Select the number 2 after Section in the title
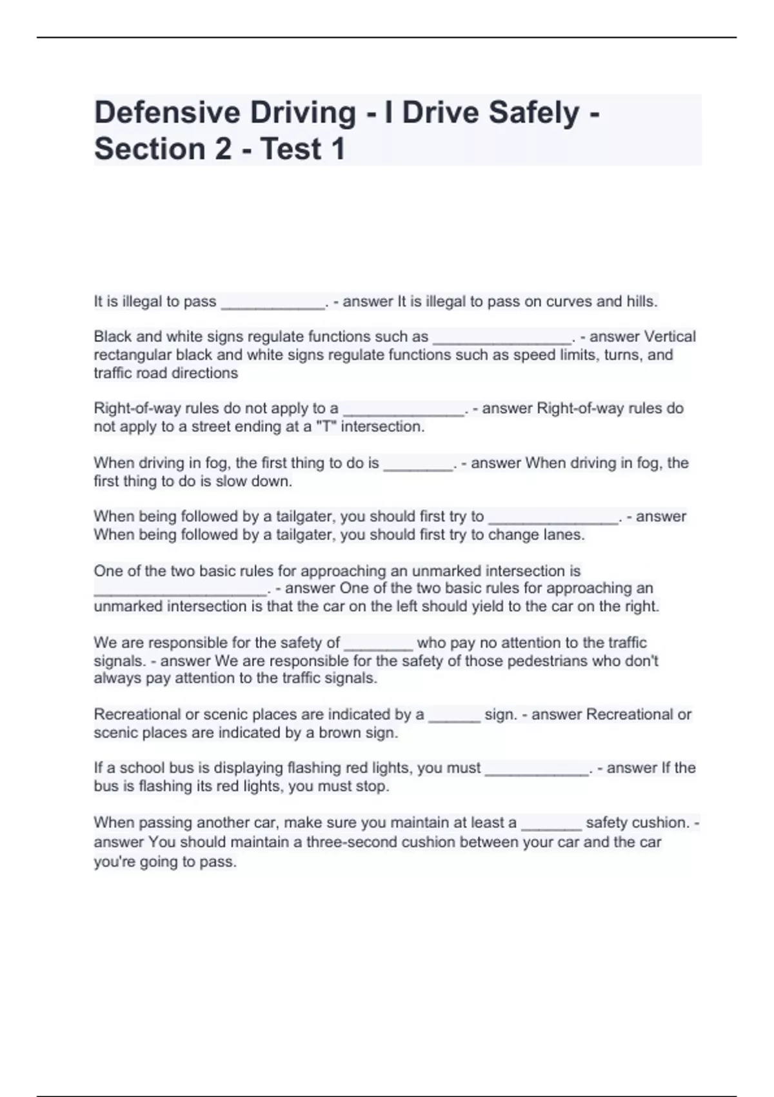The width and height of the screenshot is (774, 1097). click(x=223, y=149)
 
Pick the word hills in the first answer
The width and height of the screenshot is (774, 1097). click(x=641, y=301)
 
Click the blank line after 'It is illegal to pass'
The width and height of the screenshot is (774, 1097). click(x=273, y=303)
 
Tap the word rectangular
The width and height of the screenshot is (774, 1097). click(x=132, y=355)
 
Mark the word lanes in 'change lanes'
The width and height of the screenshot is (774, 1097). click(x=564, y=535)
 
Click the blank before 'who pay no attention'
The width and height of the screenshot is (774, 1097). click(x=379, y=644)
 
